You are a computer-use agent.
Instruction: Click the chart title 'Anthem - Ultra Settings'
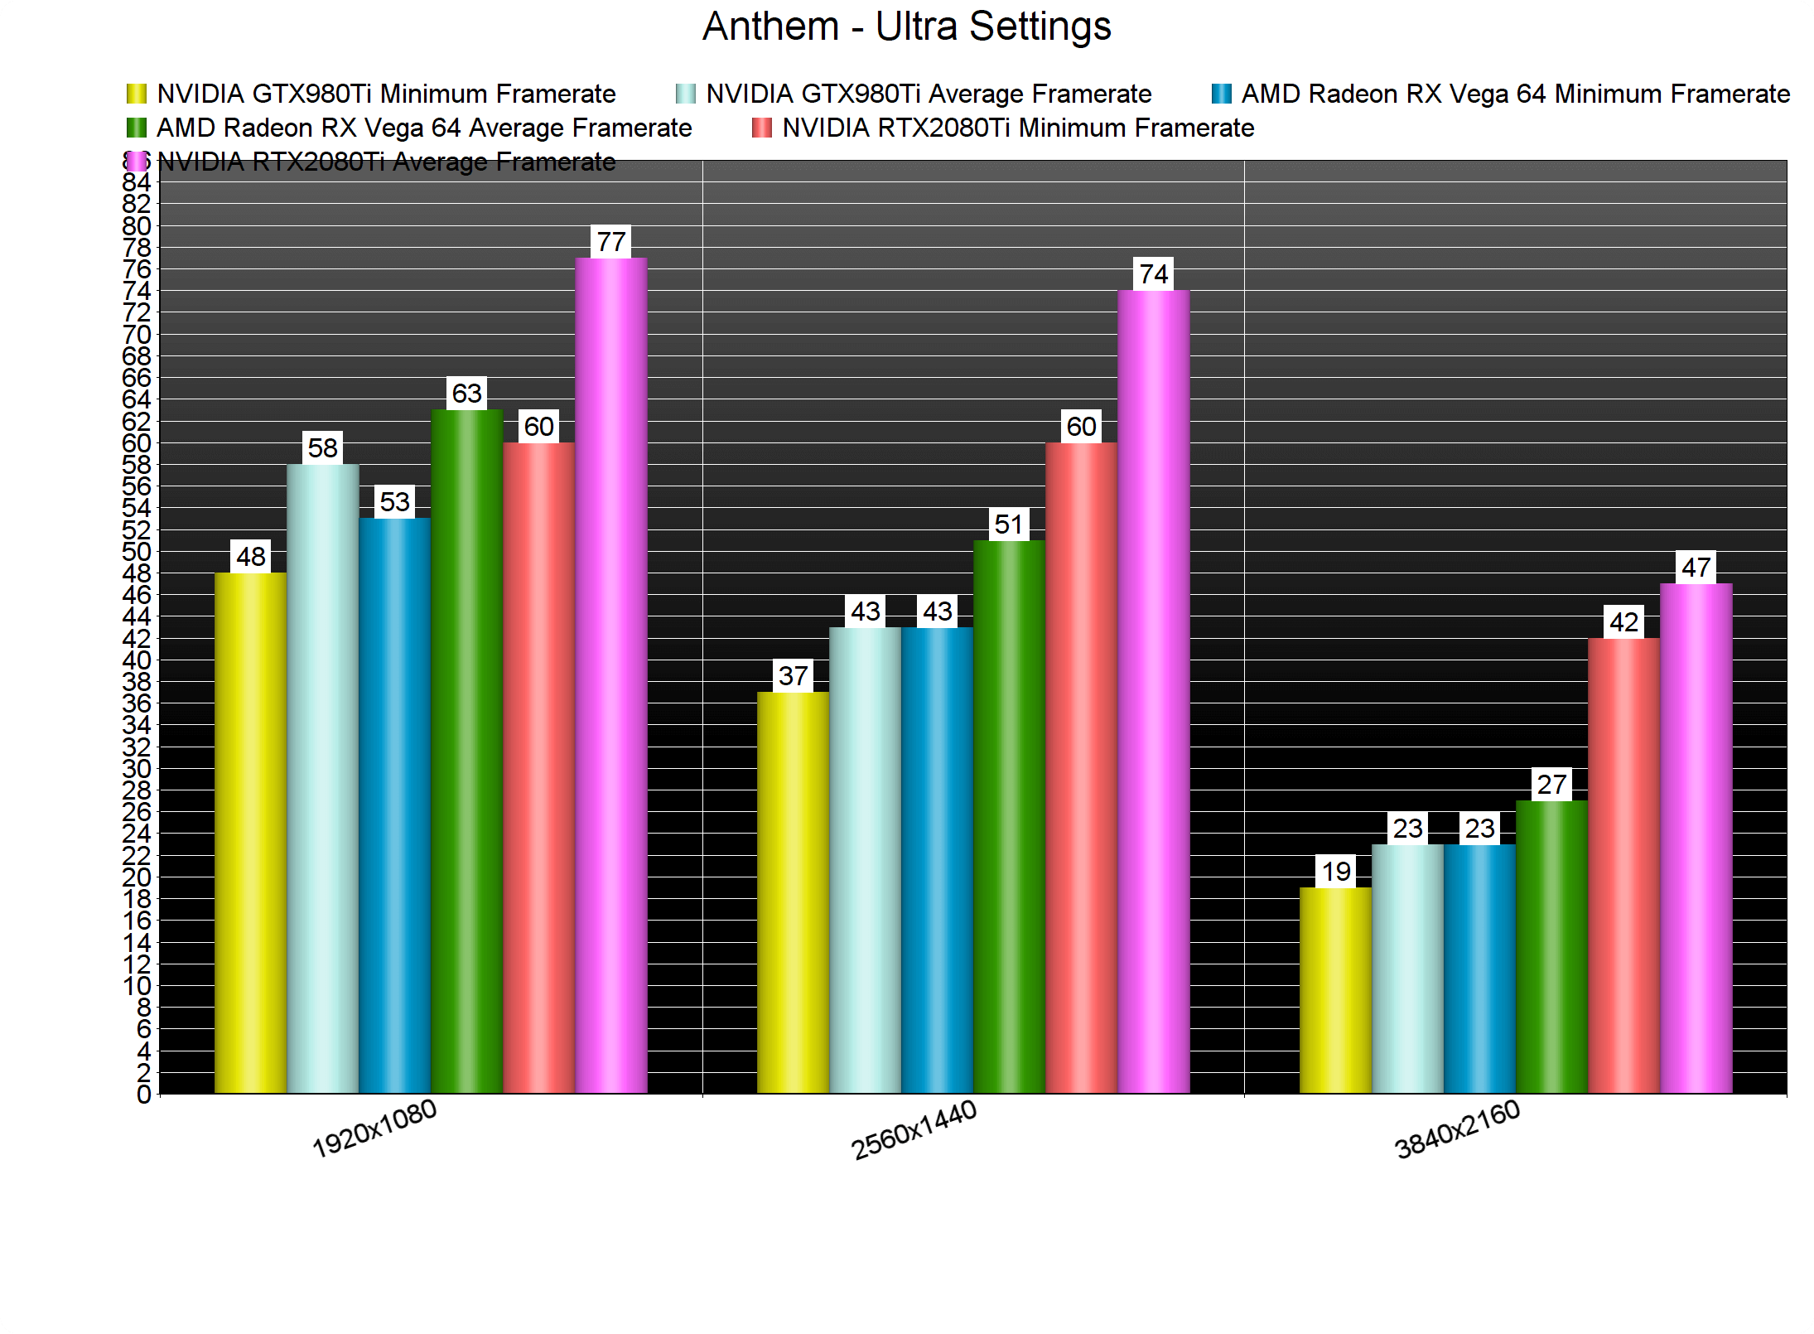click(906, 27)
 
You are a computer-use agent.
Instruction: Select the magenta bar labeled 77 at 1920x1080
click(611, 675)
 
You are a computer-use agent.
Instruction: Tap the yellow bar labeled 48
click(250, 833)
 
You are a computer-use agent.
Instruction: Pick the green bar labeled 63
click(466, 751)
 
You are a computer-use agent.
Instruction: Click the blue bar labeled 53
click(394, 805)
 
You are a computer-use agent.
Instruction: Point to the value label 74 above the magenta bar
click(1153, 273)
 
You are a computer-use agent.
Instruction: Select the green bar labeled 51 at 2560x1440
click(1009, 816)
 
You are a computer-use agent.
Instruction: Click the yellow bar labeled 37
click(793, 892)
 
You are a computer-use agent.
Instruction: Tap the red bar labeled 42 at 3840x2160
click(1623, 865)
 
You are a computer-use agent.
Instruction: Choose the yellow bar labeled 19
click(1335, 990)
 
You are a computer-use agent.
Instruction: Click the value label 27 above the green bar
click(1551, 784)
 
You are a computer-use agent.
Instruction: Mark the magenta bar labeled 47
click(1696, 838)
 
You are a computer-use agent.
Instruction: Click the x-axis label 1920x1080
click(374, 1129)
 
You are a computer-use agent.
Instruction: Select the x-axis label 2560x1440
click(914, 1130)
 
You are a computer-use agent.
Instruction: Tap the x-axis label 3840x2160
click(1457, 1129)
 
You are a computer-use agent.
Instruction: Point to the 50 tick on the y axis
click(137, 552)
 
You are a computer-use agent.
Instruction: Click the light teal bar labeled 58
click(322, 778)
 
